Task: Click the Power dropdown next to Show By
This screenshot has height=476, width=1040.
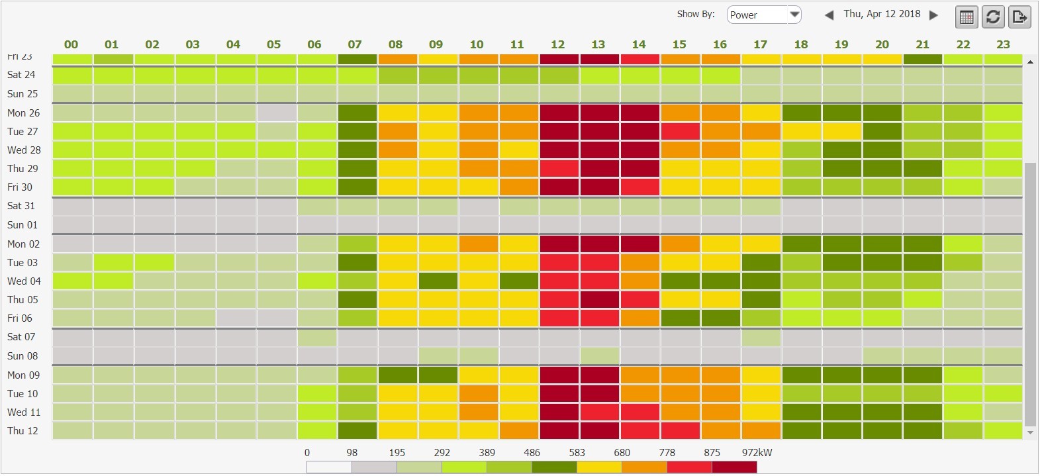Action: pos(764,15)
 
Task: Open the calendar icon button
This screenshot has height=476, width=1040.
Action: pos(967,17)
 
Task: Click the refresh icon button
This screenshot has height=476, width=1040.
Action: pos(993,17)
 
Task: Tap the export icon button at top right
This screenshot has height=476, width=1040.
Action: pos(1019,17)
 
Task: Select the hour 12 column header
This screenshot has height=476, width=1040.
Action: pos(557,44)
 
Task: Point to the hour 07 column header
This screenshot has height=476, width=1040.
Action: pos(355,44)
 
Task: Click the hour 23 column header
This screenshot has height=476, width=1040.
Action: pos(1003,44)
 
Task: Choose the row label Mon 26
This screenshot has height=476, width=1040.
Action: pos(23,113)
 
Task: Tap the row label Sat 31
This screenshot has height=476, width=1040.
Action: pos(21,206)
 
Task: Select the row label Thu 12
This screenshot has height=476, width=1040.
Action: pos(23,431)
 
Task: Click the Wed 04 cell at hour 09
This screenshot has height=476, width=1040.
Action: pos(438,281)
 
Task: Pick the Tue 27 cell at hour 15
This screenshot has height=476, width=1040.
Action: pos(680,131)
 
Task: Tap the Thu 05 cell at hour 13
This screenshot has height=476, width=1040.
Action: pos(600,300)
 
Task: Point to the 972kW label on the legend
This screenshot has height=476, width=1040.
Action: pos(757,453)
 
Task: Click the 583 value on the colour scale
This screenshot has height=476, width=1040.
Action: pos(577,453)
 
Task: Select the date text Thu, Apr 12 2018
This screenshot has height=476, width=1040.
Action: pos(882,14)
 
